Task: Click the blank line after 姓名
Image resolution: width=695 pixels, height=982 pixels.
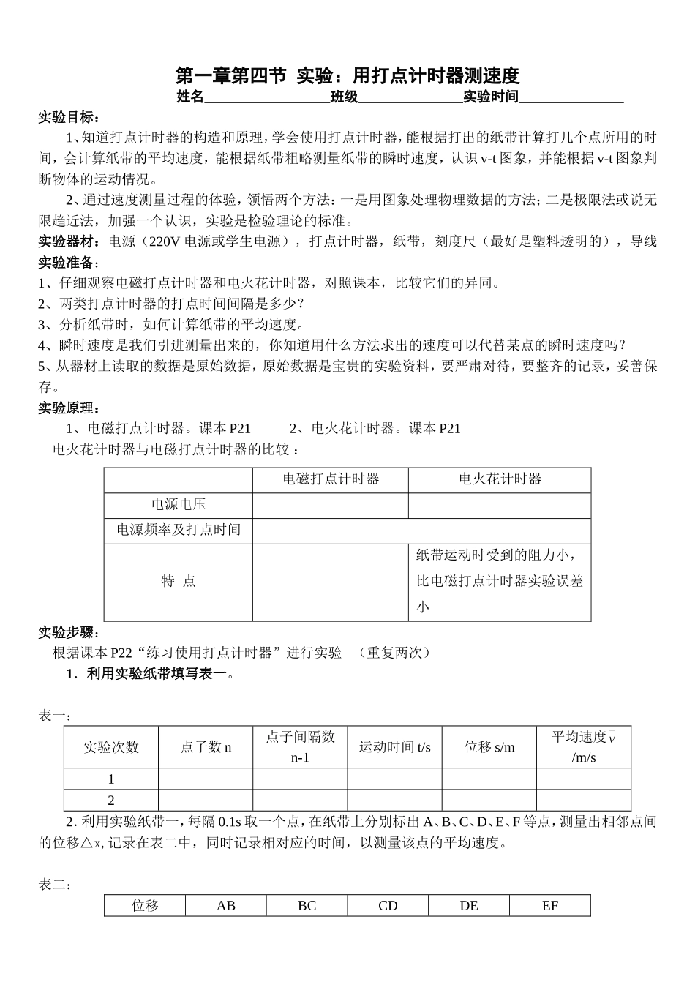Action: [266, 97]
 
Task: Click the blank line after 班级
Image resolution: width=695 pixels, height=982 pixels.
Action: [410, 97]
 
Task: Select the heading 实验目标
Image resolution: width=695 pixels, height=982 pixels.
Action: [69, 117]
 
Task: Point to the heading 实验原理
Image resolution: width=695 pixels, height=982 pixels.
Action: [69, 408]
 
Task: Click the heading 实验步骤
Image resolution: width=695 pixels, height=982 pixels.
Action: [69, 632]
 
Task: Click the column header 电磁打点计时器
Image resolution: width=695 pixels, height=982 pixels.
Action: [331, 479]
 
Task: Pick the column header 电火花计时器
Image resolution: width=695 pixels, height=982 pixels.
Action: [500, 479]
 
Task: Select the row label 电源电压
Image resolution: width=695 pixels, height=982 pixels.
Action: [179, 504]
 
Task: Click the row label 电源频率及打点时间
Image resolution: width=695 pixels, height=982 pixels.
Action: [179, 530]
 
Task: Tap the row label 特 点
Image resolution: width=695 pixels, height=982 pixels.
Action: [179, 581]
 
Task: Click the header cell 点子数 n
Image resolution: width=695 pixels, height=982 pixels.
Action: [206, 747]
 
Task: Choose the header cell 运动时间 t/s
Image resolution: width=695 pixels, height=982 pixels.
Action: [394, 747]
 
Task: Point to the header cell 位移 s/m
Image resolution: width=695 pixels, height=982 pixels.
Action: [489, 747]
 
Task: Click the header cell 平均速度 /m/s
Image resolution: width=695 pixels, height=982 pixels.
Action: [583, 746]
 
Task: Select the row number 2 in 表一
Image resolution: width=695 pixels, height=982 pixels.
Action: [111, 800]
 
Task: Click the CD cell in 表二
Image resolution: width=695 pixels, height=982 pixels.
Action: [388, 906]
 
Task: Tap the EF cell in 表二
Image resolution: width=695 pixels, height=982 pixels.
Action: [550, 906]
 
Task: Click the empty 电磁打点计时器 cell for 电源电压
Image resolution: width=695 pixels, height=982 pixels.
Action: [331, 505]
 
